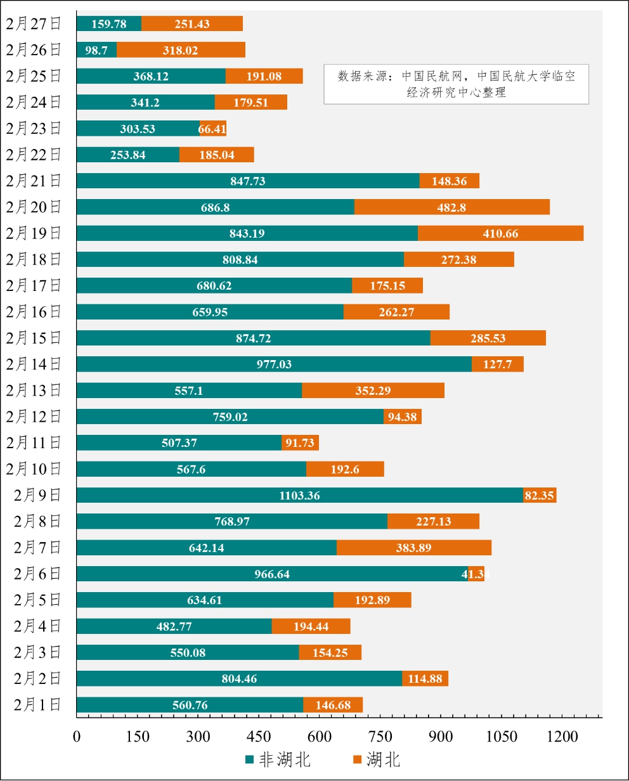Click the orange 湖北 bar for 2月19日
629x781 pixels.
pyautogui.click(x=500, y=233)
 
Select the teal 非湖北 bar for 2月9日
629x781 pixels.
pyautogui.click(x=299, y=495)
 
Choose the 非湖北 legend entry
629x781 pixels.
pyautogui.click(x=278, y=759)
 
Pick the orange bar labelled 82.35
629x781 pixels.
pyautogui.click(x=540, y=495)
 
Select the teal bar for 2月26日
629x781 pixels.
pyautogui.click(x=96, y=49)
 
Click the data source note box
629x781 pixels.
pyautogui.click(x=456, y=84)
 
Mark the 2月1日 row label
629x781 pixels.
pyautogui.click(x=37, y=704)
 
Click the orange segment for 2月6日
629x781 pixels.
pyautogui.click(x=476, y=574)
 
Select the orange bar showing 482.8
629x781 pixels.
pyautogui.click(x=451, y=207)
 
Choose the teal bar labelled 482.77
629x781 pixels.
pyautogui.click(x=174, y=626)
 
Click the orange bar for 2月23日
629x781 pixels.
pyautogui.click(x=212, y=129)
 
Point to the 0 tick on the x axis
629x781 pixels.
pyautogui.click(x=77, y=737)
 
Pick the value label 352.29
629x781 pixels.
pyautogui.click(x=373, y=390)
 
